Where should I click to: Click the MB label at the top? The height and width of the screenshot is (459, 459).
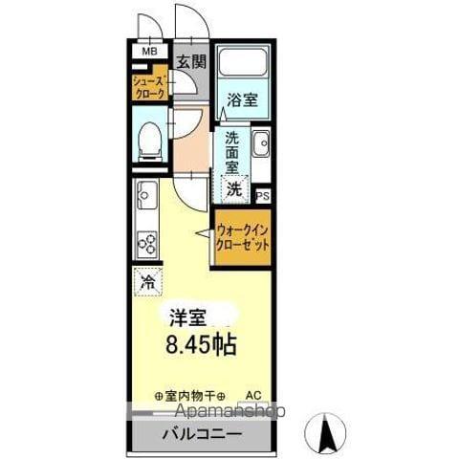(x=150, y=52)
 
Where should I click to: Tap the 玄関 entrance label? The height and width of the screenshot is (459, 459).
(x=191, y=63)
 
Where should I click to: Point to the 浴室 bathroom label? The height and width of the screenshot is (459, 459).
(x=240, y=98)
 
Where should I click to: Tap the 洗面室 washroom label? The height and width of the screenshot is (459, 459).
(x=232, y=151)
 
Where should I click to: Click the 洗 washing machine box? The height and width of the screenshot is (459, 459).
(x=234, y=188)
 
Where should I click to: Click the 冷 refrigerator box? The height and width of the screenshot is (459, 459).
(x=148, y=282)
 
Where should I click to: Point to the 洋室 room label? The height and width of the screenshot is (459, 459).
(x=186, y=317)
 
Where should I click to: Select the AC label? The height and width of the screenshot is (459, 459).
(x=254, y=394)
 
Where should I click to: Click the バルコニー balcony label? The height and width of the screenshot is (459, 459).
(x=200, y=434)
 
